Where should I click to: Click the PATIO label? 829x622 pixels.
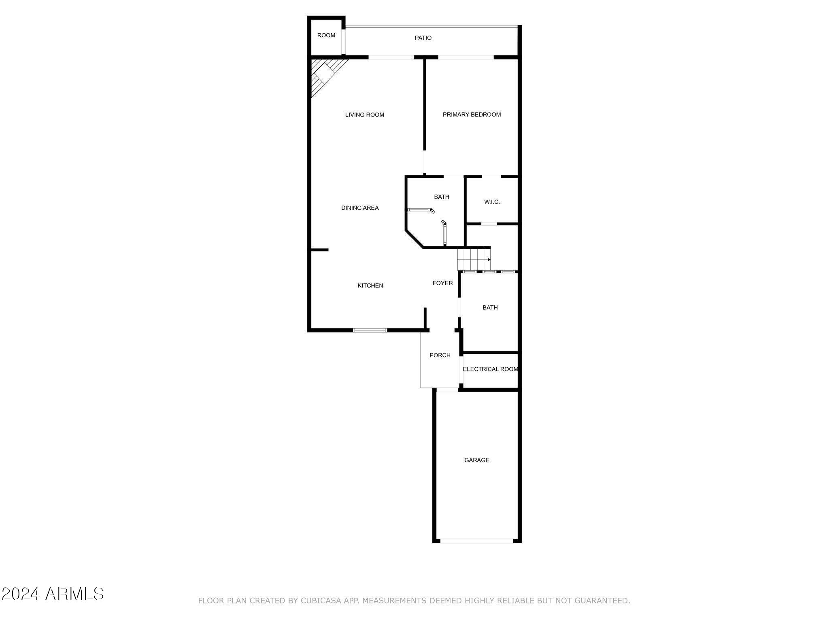pyautogui.click(x=423, y=38)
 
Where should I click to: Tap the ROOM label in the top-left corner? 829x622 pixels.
pyautogui.click(x=326, y=35)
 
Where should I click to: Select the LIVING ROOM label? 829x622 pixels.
pyautogui.click(x=364, y=115)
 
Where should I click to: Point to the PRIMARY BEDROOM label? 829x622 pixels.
pyautogui.click(x=472, y=115)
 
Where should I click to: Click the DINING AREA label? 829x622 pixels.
pyautogui.click(x=360, y=208)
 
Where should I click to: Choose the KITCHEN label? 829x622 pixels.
pyautogui.click(x=370, y=285)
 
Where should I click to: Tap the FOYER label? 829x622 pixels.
pyautogui.click(x=442, y=283)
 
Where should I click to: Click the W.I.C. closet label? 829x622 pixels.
pyautogui.click(x=492, y=202)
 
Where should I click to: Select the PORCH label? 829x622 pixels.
pyautogui.click(x=440, y=355)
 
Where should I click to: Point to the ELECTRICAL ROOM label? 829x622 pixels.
pyautogui.click(x=490, y=369)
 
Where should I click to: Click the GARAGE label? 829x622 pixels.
pyautogui.click(x=476, y=460)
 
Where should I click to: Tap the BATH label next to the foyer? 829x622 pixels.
pyautogui.click(x=490, y=307)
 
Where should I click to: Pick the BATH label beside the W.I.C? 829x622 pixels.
pyautogui.click(x=441, y=197)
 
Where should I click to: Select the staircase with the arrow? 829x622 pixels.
pyautogui.click(x=474, y=259)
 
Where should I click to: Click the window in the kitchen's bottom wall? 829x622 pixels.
pyautogui.click(x=370, y=330)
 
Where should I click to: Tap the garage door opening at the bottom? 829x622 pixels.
pyautogui.click(x=477, y=541)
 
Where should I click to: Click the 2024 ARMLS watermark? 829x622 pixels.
pyautogui.click(x=53, y=594)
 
